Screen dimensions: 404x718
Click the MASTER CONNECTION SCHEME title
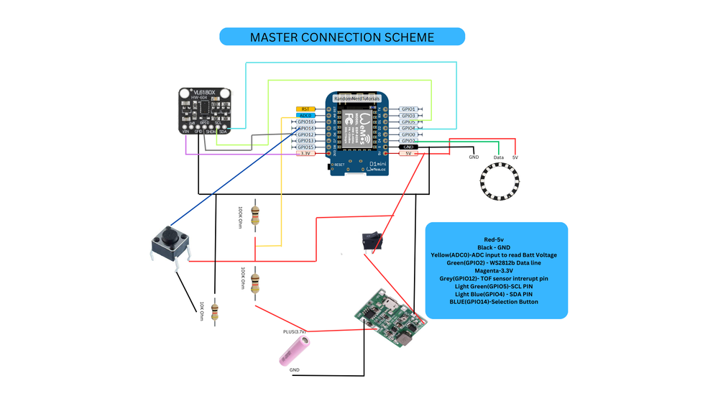pos(342,37)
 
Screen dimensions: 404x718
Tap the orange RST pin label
pos(305,109)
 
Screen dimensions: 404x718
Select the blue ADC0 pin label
pos(305,116)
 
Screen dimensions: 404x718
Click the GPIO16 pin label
pos(305,122)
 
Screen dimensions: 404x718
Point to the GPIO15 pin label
pos(305,147)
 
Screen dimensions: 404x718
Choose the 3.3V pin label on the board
pos(305,154)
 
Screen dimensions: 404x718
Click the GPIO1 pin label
pos(409,109)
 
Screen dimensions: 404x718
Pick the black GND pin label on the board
pos(409,147)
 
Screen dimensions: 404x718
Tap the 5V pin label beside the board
pos(409,154)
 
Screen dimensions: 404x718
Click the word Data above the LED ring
pos(498,157)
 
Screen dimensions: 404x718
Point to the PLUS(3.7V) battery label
pos(294,332)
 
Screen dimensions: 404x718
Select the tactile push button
pos(170,243)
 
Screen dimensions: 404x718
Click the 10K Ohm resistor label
pos(202,311)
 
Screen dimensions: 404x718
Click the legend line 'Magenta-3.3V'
pos(496,270)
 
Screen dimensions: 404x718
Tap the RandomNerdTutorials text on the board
pos(356,98)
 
